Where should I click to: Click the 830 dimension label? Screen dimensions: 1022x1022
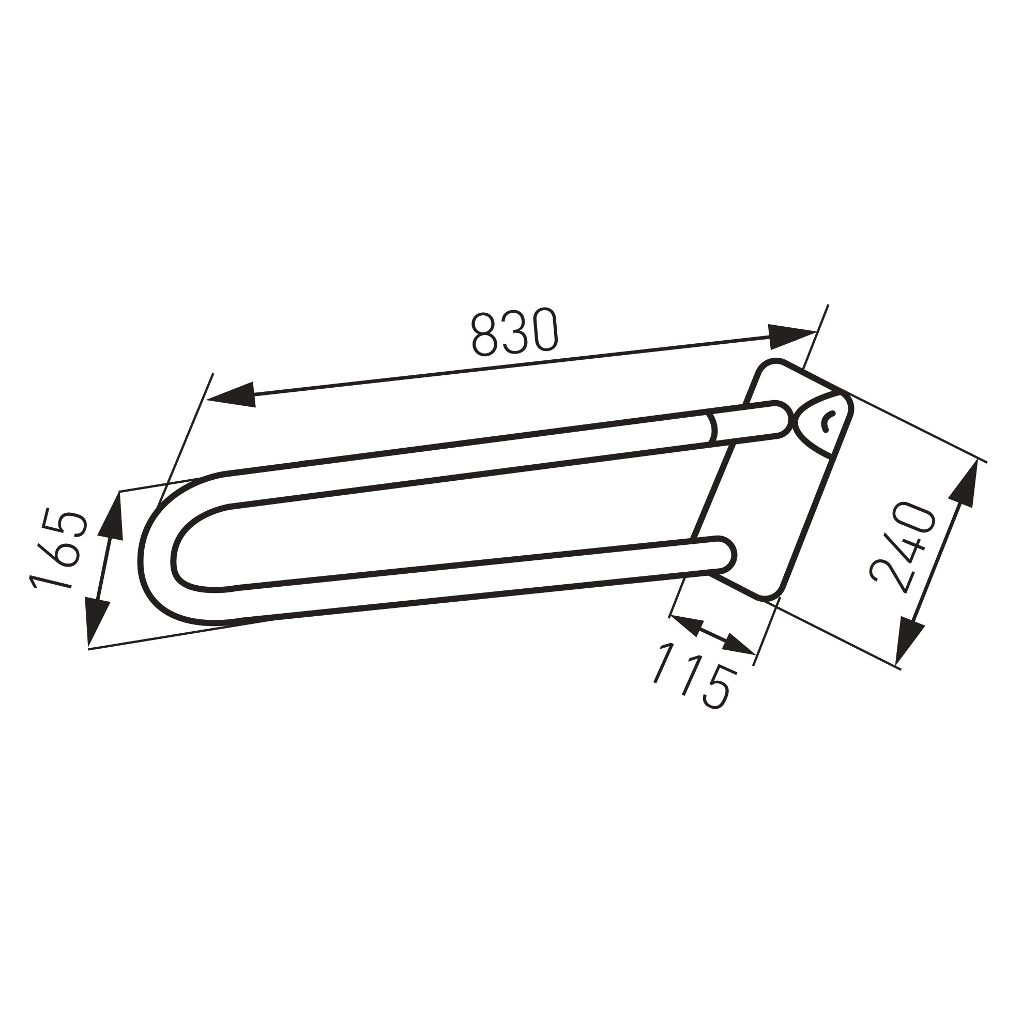[514, 332]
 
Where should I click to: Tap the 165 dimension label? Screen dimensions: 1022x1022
[58, 548]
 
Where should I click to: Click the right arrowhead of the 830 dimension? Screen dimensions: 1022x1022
[791, 337]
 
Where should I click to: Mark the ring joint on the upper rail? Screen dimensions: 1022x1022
[712, 429]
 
